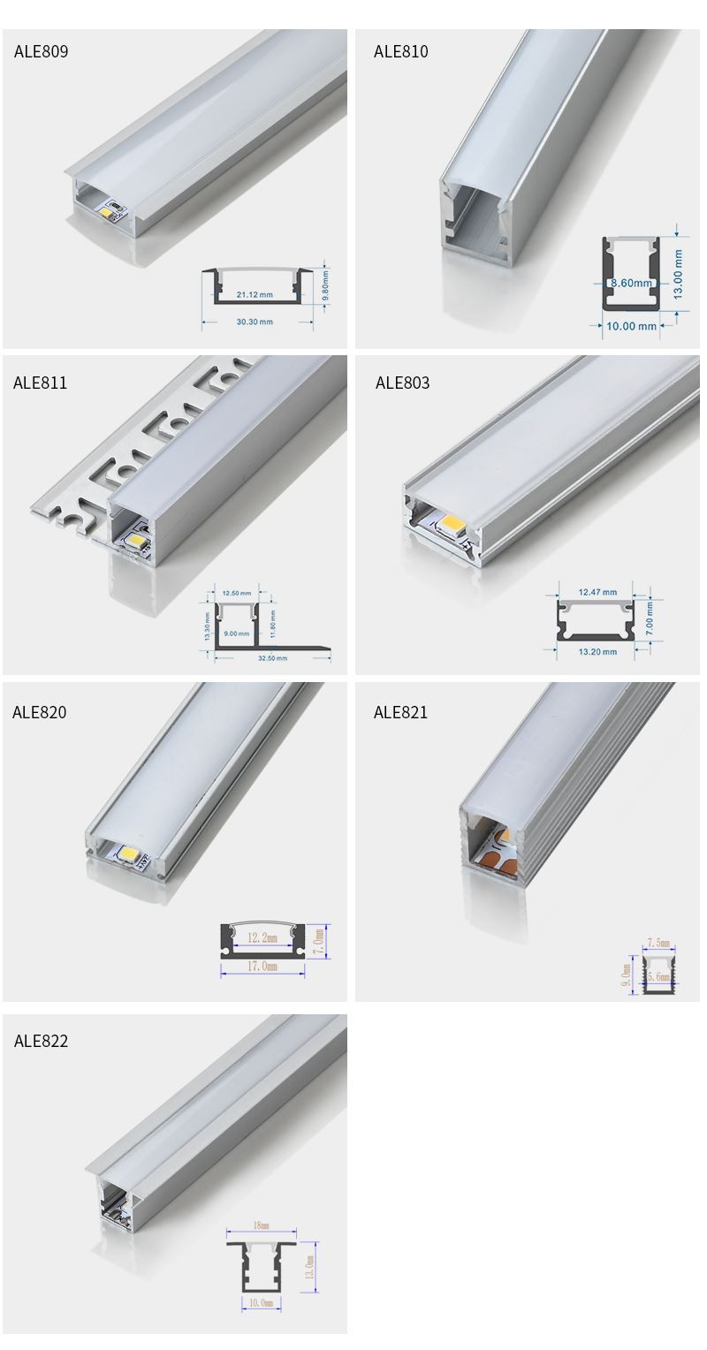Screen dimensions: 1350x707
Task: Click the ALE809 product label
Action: [x=41, y=51]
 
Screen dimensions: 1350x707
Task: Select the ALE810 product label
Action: [x=400, y=51]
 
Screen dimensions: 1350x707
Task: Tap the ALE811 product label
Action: [x=40, y=383]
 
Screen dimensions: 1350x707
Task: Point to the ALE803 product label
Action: [x=402, y=383]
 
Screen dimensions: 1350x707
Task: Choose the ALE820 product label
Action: [x=39, y=712]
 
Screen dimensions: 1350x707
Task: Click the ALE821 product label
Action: [x=400, y=712]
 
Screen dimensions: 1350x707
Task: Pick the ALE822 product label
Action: [x=41, y=1041]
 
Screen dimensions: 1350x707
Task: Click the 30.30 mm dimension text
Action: [x=255, y=322]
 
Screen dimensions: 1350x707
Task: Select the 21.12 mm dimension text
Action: [x=255, y=294]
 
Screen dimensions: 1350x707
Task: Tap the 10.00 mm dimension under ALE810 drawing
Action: [x=631, y=326]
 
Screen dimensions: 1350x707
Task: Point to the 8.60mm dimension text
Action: [x=631, y=284]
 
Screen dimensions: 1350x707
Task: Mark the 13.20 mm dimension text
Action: [x=597, y=652]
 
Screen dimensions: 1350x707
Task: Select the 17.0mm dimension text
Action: [x=262, y=967]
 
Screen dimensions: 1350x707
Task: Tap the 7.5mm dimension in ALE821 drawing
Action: [x=658, y=944]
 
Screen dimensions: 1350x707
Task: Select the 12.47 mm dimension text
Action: [x=597, y=592]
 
